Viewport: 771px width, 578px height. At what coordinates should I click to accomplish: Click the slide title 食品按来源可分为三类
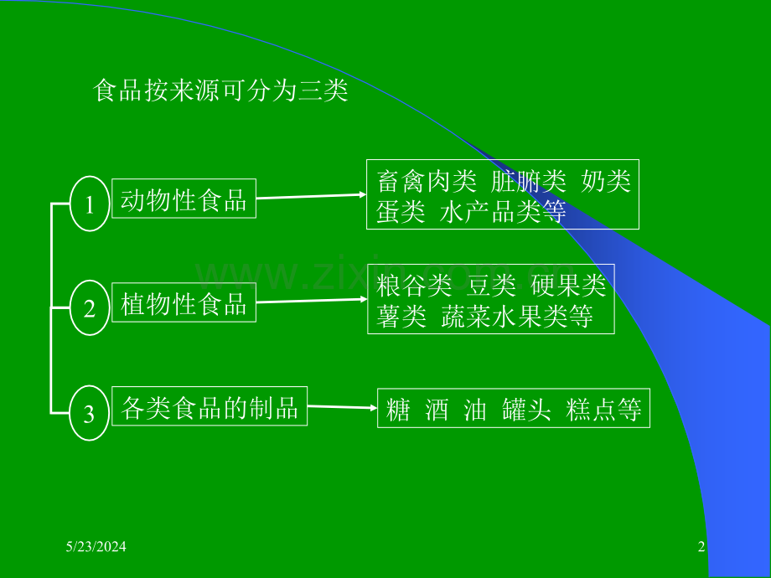tap(220, 90)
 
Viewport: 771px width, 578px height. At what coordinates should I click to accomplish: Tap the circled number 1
tap(90, 204)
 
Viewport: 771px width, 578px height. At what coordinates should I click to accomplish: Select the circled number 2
tap(90, 307)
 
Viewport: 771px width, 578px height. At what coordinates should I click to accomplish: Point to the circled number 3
tap(89, 413)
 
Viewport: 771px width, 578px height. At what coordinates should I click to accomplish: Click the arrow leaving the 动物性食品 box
tap(312, 196)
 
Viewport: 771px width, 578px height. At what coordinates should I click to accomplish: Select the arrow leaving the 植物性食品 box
tap(312, 300)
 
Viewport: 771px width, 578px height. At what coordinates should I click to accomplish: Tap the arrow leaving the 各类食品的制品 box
tap(343, 407)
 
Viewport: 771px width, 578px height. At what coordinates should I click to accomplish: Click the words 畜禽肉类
tap(427, 182)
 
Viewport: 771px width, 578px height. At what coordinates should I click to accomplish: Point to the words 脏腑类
tap(529, 182)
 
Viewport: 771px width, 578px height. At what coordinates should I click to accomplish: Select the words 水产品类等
tap(503, 212)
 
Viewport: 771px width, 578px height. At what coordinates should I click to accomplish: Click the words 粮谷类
tap(414, 286)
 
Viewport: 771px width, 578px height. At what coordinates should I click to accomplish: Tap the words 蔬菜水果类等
tap(517, 316)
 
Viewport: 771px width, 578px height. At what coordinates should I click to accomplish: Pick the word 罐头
tap(526, 410)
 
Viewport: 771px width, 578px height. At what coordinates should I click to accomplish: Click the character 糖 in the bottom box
tap(398, 410)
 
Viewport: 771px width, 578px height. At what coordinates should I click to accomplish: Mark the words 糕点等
tap(604, 410)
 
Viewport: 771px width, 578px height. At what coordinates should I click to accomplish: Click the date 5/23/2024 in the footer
tap(96, 546)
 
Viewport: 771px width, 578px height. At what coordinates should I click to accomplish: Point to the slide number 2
tap(701, 546)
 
